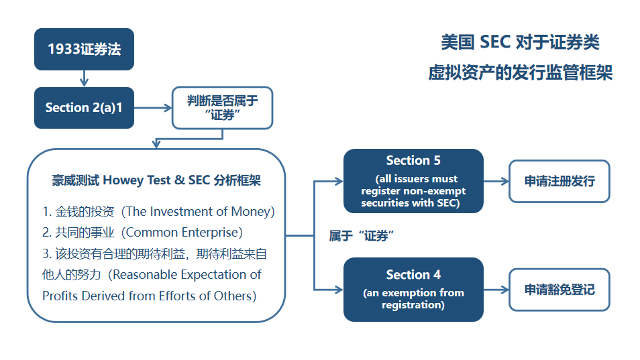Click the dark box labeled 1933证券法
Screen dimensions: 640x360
(x=84, y=50)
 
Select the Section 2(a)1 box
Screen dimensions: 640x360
(x=84, y=108)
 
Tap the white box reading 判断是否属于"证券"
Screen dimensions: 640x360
(x=223, y=108)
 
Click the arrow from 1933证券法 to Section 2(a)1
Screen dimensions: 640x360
(x=84, y=78)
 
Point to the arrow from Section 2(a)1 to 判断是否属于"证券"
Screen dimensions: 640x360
(x=153, y=108)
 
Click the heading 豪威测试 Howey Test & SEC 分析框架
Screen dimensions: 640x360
(x=156, y=180)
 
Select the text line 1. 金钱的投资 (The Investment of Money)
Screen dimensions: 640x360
(x=158, y=212)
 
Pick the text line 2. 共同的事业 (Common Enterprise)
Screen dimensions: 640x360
(x=142, y=233)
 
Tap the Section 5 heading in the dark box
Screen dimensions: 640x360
(x=413, y=161)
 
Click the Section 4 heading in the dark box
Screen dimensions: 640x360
(x=413, y=275)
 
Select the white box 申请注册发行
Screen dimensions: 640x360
(x=559, y=181)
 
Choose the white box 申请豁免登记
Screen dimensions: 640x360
(x=559, y=290)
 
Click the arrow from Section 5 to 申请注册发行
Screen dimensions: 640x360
(x=496, y=181)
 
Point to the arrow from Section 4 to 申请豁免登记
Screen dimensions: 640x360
(x=496, y=290)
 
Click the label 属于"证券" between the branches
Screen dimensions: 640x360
(x=362, y=236)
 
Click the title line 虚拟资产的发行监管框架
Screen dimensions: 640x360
(x=521, y=73)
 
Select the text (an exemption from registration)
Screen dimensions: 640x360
(x=413, y=299)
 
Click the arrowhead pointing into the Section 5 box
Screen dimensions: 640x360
(x=339, y=181)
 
